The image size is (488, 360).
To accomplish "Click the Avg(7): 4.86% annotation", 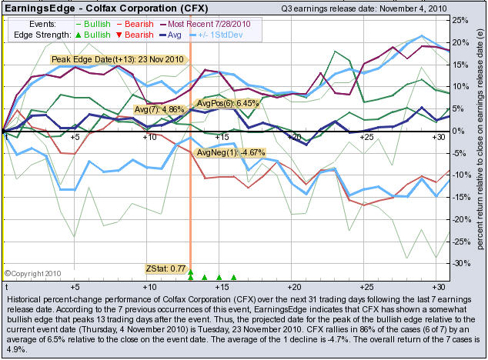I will (x=160, y=110).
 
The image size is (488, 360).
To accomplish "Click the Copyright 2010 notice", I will (x=29, y=272).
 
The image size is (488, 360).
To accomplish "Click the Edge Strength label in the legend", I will (x=39, y=35).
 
